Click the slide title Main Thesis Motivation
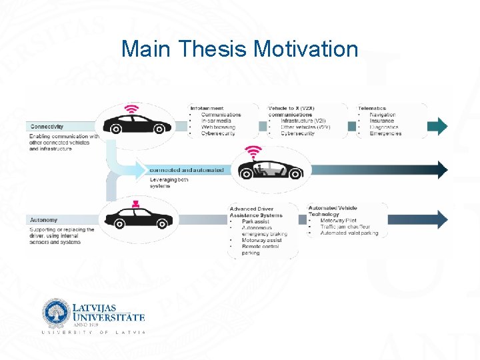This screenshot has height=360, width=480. pyautogui.click(x=240, y=49)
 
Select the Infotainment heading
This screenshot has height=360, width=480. pyautogui.click(x=207, y=108)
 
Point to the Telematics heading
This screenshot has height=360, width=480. pyautogui.click(x=372, y=108)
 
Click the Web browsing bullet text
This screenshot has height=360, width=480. pyautogui.click(x=219, y=127)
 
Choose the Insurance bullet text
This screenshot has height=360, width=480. pyautogui.click(x=382, y=121)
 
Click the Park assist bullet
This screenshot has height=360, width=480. pyautogui.click(x=255, y=221)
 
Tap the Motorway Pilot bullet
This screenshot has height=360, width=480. pyautogui.click(x=338, y=221)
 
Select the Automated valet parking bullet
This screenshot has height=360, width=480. pyautogui.click(x=349, y=233)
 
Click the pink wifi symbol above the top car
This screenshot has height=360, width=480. pyautogui.click(x=133, y=109)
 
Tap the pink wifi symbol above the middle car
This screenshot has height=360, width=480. pyautogui.click(x=253, y=151)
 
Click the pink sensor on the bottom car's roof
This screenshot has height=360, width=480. pyautogui.click(x=135, y=203)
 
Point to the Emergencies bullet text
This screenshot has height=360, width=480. pyautogui.click(x=385, y=133)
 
